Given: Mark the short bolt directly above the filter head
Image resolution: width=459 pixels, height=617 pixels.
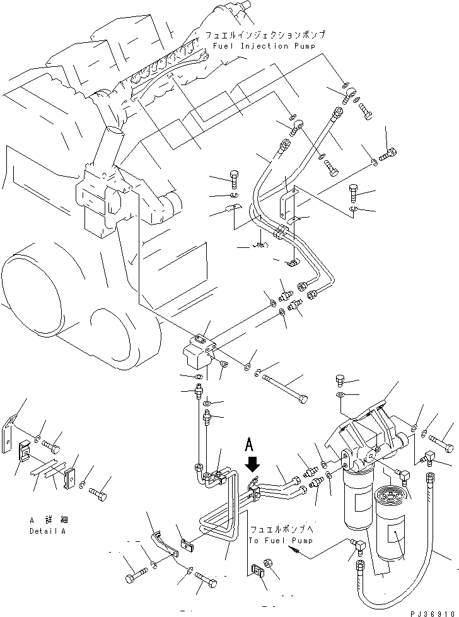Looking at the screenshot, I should pos(340,380).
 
